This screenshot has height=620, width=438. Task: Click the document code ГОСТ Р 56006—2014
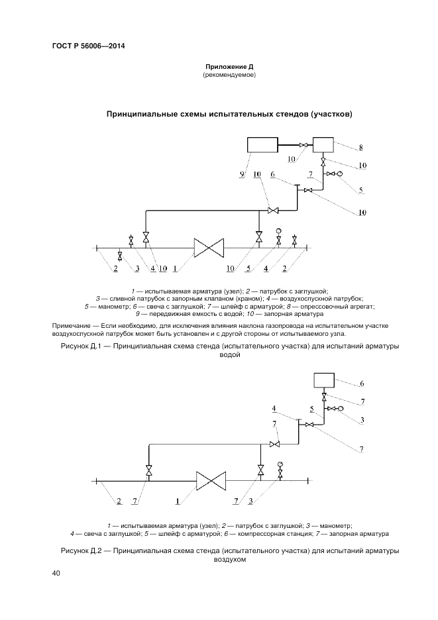click(x=88, y=46)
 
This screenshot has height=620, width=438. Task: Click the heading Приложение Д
click(x=229, y=67)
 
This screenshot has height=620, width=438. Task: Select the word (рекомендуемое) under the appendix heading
click(x=229, y=75)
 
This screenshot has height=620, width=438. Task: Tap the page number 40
click(x=56, y=574)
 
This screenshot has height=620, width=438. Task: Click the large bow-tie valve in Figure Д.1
click(x=209, y=249)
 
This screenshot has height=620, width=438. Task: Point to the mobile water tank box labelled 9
click(x=262, y=145)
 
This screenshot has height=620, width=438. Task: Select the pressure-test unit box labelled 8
click(x=323, y=145)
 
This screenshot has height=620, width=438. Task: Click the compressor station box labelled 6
click(x=324, y=380)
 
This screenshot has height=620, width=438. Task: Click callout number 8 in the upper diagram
click(x=360, y=148)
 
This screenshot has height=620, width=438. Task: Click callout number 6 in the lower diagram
click(x=362, y=384)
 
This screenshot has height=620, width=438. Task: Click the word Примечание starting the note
click(x=70, y=327)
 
